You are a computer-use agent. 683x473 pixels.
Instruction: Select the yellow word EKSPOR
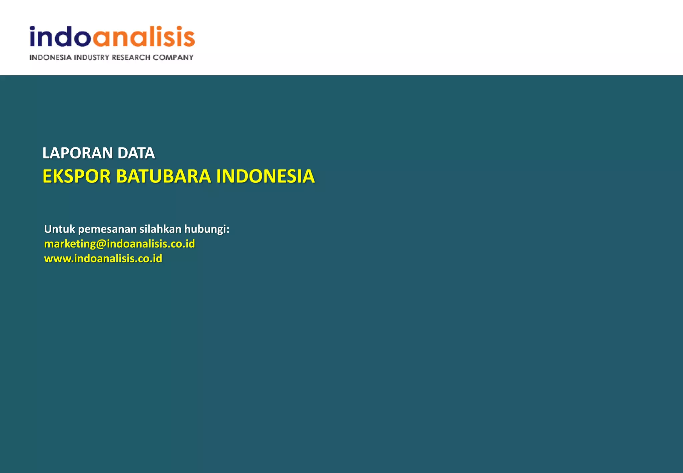(x=76, y=176)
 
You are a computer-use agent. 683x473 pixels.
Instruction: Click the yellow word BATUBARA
(x=163, y=176)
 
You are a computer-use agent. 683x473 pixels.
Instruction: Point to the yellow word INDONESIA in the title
(x=265, y=176)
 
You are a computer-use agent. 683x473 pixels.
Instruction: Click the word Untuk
(x=60, y=229)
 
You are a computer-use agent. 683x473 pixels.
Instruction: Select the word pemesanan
(x=107, y=229)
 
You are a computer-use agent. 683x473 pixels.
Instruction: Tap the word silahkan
(x=160, y=229)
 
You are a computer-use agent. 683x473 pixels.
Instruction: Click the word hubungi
(x=205, y=229)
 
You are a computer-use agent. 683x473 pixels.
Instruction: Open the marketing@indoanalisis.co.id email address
(x=119, y=244)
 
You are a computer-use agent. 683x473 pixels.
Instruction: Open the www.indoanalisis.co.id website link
(x=103, y=259)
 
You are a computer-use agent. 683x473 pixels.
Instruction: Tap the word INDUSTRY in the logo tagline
(x=92, y=57)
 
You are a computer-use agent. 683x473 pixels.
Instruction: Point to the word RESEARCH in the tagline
(x=131, y=57)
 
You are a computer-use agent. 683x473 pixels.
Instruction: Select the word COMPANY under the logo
(x=173, y=57)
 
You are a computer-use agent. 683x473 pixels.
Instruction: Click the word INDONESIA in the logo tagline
(x=50, y=57)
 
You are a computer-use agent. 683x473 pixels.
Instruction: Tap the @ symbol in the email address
(x=101, y=244)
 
